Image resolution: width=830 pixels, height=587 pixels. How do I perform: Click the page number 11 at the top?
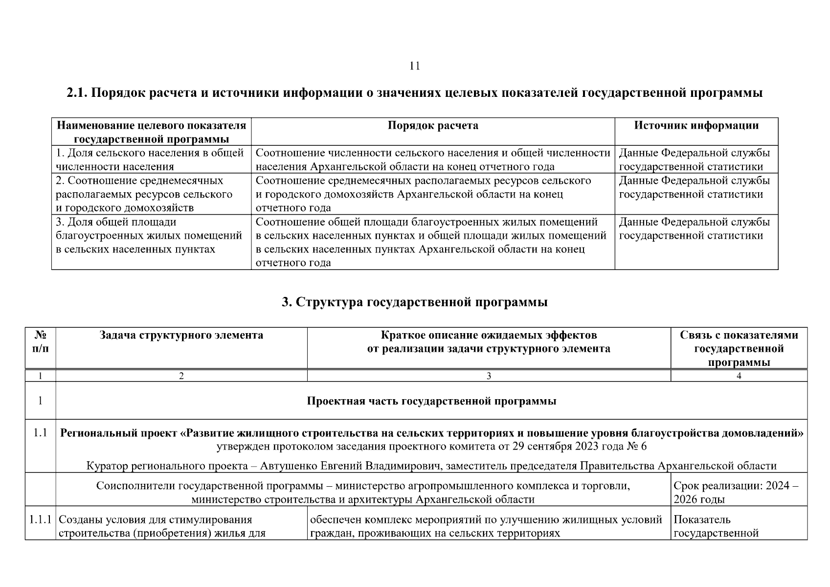(414, 66)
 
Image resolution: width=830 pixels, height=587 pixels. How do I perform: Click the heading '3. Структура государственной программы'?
(414, 302)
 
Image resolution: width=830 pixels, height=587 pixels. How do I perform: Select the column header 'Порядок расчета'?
(433, 126)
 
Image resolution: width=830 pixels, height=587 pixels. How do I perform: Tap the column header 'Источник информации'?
(696, 126)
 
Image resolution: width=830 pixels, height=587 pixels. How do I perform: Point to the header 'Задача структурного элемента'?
(181, 335)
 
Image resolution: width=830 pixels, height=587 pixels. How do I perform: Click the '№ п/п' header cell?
(41, 342)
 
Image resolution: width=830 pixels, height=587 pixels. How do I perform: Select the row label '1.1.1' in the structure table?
(41, 519)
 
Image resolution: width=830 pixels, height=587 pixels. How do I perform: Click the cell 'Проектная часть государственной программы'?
(431, 401)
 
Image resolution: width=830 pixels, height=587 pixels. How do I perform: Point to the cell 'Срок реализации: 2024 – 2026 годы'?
(738, 493)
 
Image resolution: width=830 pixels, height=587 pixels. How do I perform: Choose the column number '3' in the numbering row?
(489, 376)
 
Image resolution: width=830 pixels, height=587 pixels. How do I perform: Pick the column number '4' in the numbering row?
(739, 376)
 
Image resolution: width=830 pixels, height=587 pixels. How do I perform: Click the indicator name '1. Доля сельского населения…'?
(150, 159)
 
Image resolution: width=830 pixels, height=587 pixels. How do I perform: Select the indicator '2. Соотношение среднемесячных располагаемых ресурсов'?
(144, 194)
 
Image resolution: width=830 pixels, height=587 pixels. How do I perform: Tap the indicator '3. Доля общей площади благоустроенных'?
(149, 236)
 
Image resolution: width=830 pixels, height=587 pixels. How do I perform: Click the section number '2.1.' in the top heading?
(77, 93)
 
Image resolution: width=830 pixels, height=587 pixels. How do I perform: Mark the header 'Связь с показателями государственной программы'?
(739, 348)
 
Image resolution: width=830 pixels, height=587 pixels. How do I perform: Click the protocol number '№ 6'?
(636, 446)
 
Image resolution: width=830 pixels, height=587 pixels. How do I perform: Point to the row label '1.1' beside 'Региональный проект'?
(41, 433)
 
